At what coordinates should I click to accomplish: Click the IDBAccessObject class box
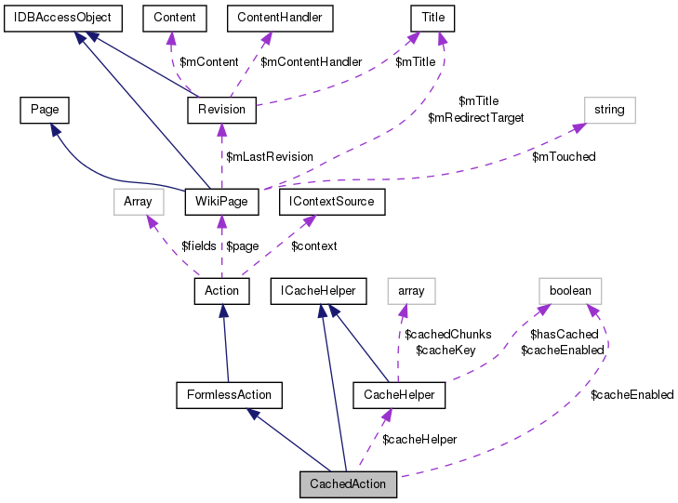coord(58,17)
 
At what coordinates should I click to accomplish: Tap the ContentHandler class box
coord(279,17)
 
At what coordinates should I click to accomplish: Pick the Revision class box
coord(221,110)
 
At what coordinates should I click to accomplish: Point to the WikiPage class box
coord(220,201)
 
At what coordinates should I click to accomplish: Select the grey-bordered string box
coord(609,110)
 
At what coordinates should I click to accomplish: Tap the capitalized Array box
coord(137,201)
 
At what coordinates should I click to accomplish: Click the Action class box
coord(220,291)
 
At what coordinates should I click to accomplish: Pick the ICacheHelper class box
coord(318,291)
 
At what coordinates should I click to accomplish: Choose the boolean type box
coord(570,291)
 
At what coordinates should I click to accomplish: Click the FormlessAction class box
coord(229,394)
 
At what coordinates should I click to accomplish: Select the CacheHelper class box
coord(399,394)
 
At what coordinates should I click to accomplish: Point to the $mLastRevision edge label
coord(270,156)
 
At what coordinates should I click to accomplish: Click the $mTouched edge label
coord(564,156)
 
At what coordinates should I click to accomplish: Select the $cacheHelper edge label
coord(419,439)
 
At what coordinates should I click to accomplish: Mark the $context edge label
coord(313,245)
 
